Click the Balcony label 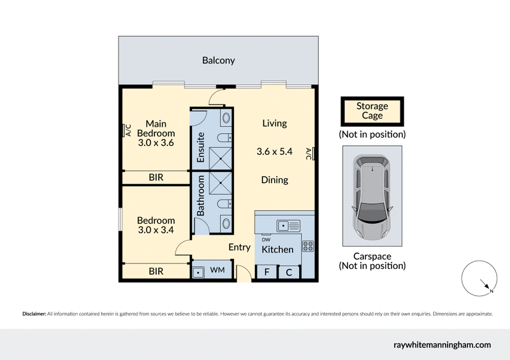219,61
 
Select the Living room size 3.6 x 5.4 274,152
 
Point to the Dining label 274,180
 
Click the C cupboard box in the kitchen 288,272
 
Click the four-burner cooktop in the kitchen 307,246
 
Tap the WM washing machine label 217,271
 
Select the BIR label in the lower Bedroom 156,271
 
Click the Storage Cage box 372,112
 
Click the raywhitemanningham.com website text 441,345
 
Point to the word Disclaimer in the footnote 34,314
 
